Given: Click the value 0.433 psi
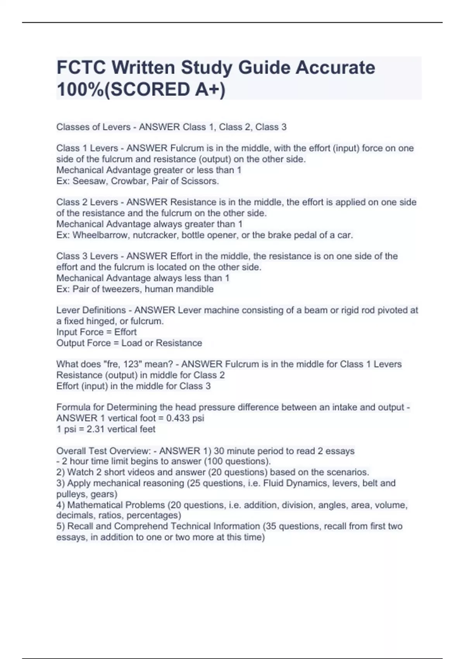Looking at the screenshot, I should click(x=185, y=418).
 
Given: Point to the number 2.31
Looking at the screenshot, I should click(x=93, y=429).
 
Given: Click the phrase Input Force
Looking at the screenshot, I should click(x=80, y=332).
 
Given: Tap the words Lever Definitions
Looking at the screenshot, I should click(x=91, y=310).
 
